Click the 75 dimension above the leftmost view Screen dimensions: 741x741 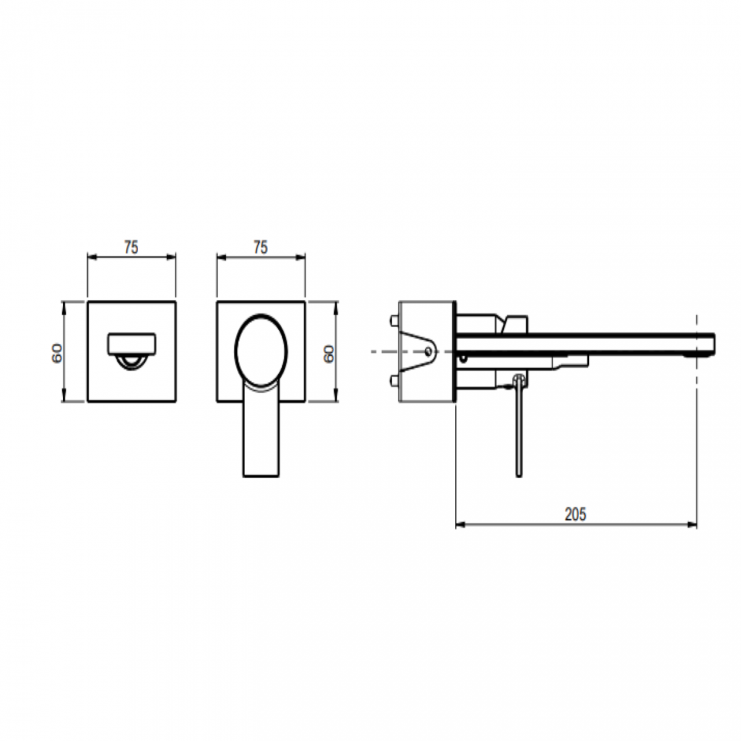tap(131, 247)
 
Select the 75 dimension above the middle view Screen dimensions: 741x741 tap(260, 247)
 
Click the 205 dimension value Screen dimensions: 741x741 tap(575, 515)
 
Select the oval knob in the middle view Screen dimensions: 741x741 tap(261, 351)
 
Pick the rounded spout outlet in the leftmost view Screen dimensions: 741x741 tap(132, 344)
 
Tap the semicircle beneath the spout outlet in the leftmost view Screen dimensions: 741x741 tap(132, 362)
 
